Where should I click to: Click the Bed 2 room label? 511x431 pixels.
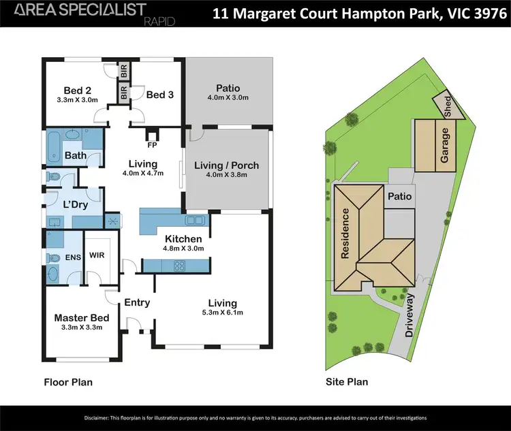(x=78, y=91)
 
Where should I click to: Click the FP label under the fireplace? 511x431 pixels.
(x=151, y=145)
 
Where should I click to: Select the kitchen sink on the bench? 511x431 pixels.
(x=193, y=220)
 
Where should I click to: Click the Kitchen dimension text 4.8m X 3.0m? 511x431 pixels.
(x=183, y=249)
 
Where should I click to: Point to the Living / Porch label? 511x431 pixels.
(x=226, y=165)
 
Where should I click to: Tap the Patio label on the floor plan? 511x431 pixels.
(x=228, y=88)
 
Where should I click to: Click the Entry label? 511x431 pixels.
(x=136, y=302)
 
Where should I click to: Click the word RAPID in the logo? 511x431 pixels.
(x=160, y=22)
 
